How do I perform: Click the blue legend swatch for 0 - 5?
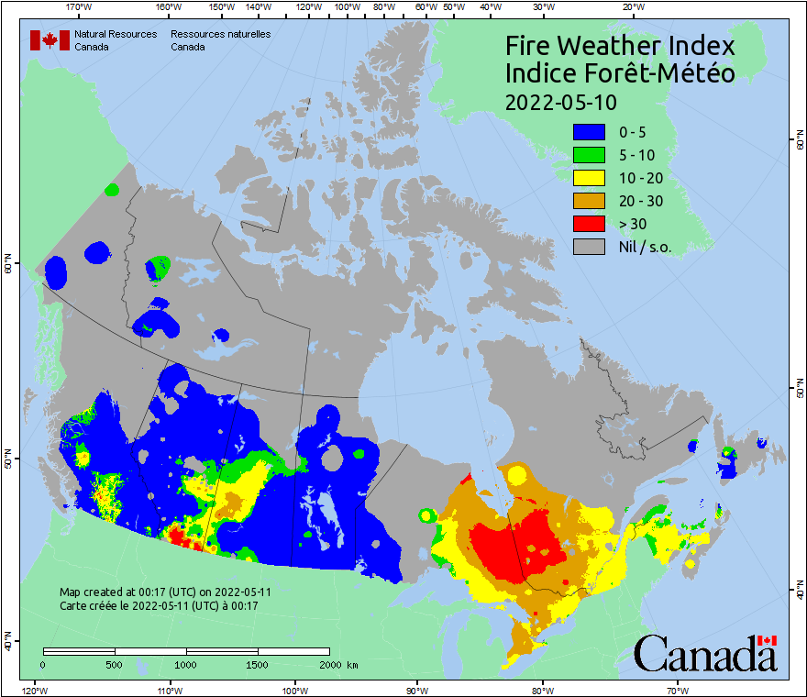coord(589,133)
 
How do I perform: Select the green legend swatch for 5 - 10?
coord(589,156)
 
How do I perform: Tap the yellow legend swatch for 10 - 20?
coord(589,178)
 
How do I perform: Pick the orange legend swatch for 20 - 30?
coord(589,201)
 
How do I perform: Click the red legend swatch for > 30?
coord(589,223)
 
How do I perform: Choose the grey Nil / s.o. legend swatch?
coord(589,246)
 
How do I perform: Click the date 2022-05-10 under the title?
coord(561,101)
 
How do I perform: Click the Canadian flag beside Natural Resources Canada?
coord(50,40)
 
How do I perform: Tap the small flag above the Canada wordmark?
coord(767,639)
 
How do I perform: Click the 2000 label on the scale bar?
coord(333,665)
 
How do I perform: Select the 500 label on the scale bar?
coord(114,665)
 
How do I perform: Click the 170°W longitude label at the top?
coord(80,7)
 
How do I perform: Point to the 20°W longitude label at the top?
coord(631,7)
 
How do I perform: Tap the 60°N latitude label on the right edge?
coord(799,141)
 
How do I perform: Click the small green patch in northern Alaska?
coord(112,190)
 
